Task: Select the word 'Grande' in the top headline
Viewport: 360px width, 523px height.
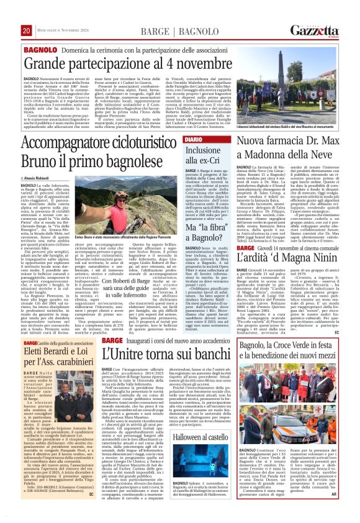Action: (49, 63)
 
